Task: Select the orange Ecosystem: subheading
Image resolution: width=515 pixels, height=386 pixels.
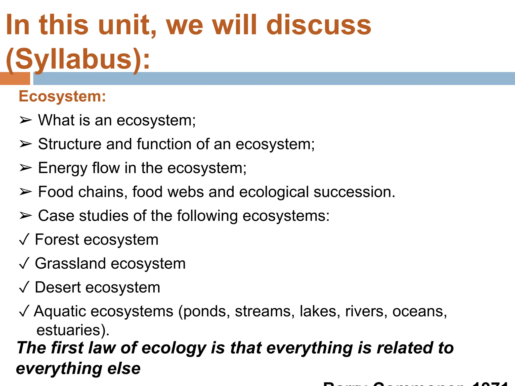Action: coord(62,96)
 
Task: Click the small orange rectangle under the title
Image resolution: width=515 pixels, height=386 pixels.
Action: coord(15,79)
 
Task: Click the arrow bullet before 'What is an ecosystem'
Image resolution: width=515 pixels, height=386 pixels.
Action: coord(25,120)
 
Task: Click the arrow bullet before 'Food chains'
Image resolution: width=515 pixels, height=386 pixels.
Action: coord(25,192)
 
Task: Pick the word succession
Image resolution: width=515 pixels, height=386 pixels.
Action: coord(354,192)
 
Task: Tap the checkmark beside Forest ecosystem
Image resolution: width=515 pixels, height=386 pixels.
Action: coord(24,239)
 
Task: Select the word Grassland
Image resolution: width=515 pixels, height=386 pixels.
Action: coord(70,263)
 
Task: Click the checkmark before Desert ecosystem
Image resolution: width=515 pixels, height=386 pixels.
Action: coord(24,287)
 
